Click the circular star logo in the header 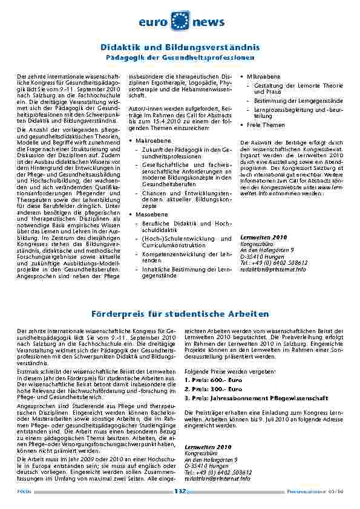click(x=180, y=21)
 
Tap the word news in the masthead click(x=209, y=22)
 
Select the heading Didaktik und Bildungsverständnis click(x=180, y=47)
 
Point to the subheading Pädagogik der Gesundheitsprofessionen click(x=180, y=57)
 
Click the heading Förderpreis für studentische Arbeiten click(x=180, y=314)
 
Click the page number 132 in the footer click(x=180, y=491)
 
